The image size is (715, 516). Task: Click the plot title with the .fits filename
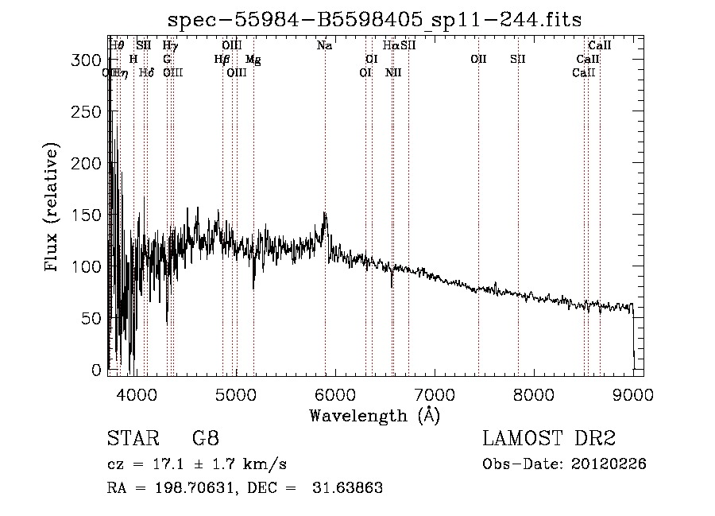(x=376, y=21)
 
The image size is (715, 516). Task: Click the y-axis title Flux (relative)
(x=52, y=209)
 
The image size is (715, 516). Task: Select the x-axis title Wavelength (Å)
(x=374, y=415)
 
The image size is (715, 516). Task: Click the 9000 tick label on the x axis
(x=633, y=394)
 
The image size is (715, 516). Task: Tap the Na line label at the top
(x=324, y=46)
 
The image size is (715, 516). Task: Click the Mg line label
(x=253, y=60)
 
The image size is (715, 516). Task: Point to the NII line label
(x=393, y=73)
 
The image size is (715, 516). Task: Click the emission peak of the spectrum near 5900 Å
(x=324, y=214)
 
